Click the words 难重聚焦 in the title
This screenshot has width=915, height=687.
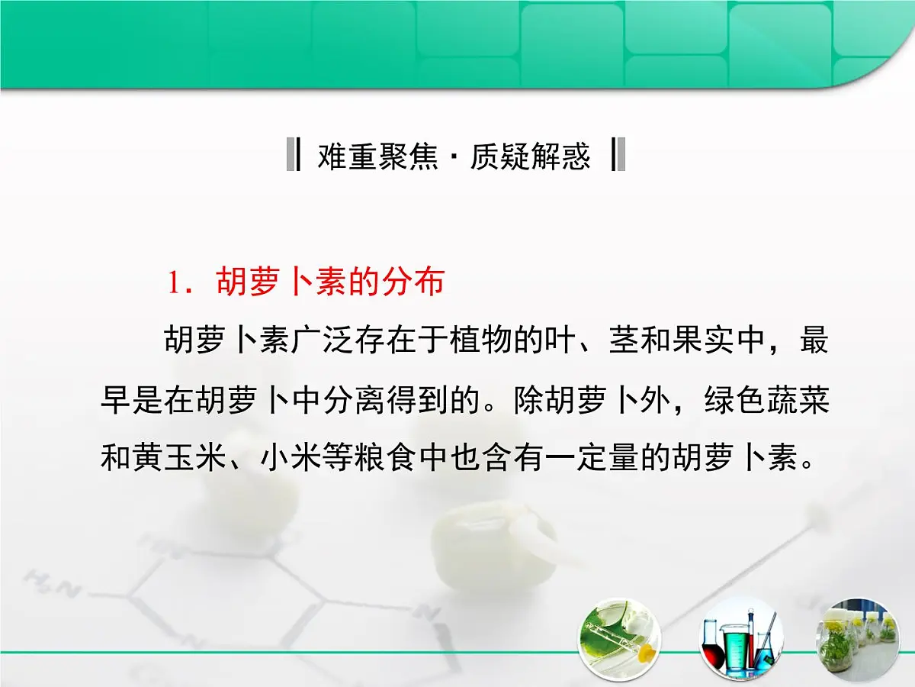378,156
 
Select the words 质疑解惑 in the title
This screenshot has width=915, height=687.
530,156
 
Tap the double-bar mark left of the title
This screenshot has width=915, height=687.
292,155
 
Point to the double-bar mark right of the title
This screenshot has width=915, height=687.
619,155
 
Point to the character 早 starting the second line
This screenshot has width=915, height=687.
116,402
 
